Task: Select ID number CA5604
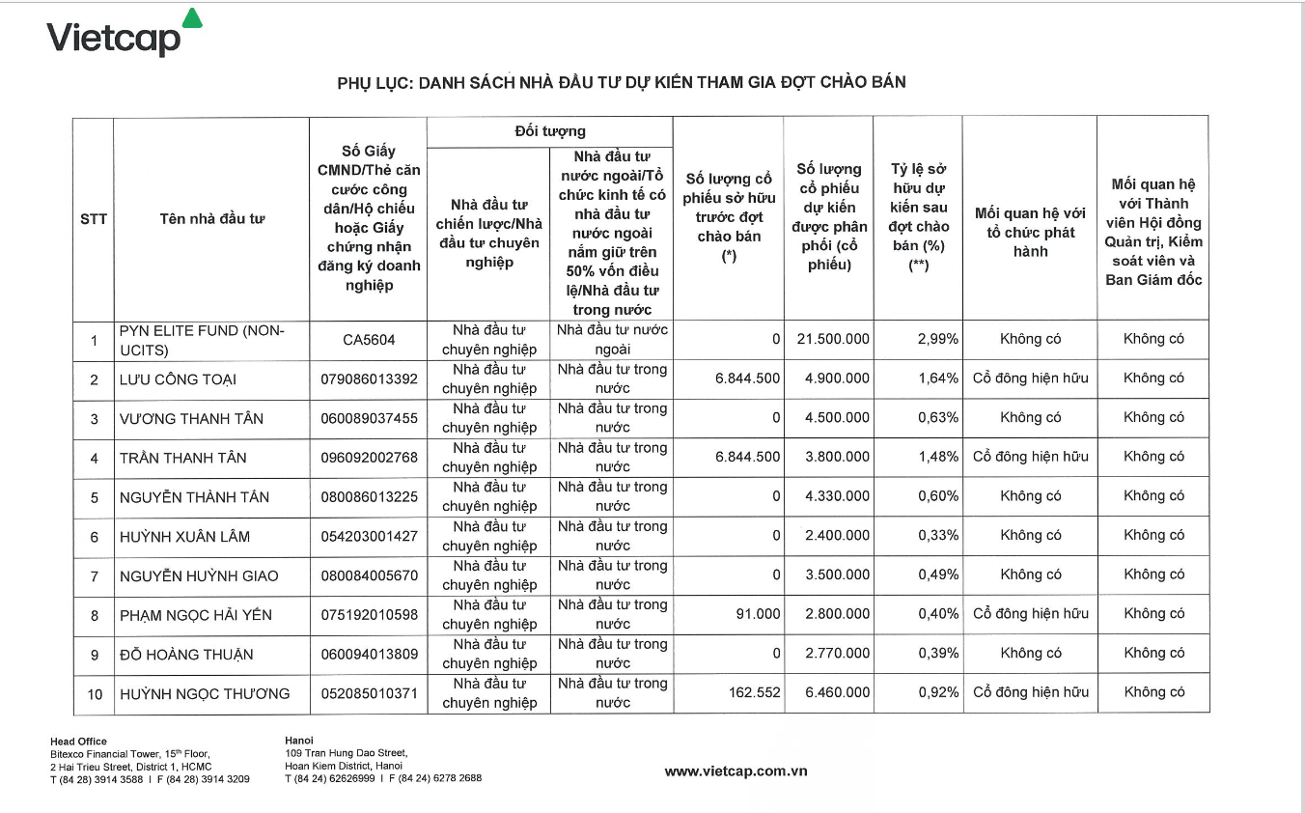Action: (369, 340)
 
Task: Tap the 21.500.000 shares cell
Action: (833, 339)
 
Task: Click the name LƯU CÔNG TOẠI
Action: (179, 379)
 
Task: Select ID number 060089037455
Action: (369, 418)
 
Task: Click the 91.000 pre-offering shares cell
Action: (758, 614)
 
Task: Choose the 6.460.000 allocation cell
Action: (837, 692)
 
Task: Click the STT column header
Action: (94, 219)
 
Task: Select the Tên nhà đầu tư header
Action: (212, 219)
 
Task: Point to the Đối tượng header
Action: (549, 131)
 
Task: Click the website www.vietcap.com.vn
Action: (736, 771)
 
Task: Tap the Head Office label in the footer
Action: (78, 742)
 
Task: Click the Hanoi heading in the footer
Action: (299, 741)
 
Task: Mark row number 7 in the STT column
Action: (95, 576)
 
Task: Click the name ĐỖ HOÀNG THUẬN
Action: (186, 655)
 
